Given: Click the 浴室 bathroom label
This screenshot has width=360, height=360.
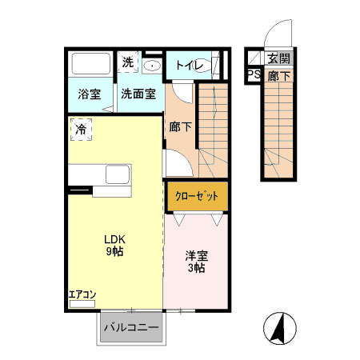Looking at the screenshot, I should point(90,94).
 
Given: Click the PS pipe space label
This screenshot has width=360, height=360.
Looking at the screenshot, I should point(254,76).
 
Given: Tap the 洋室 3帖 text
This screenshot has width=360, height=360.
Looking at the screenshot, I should point(197,262).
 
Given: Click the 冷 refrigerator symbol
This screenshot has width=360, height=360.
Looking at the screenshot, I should point(82,127).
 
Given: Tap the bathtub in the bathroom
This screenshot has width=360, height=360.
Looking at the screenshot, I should point(91,64).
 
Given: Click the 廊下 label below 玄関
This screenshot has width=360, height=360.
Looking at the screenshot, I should point(278,76).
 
